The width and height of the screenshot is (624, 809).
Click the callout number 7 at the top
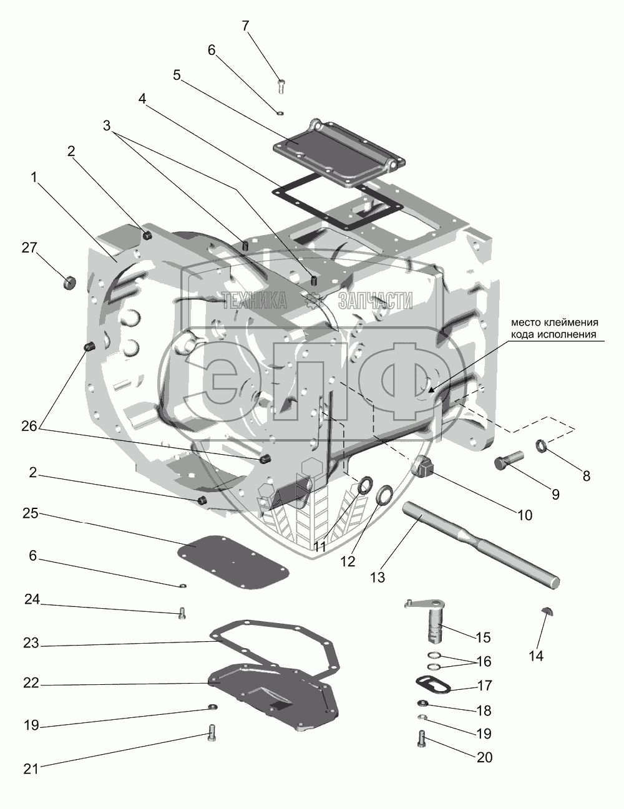(245, 26)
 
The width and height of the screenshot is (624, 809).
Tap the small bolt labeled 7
(280, 85)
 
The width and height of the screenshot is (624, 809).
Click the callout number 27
(29, 249)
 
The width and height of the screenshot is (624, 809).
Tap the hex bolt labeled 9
(507, 463)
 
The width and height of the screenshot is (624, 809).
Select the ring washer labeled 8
(541, 447)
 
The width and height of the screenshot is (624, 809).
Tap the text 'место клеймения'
(555, 322)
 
